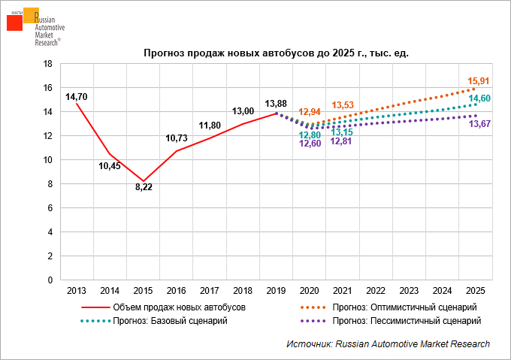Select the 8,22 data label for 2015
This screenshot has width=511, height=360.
tap(144, 187)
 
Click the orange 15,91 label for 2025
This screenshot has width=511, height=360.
tap(479, 81)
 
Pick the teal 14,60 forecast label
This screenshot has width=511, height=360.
tap(480, 99)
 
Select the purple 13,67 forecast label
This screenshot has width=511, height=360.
tap(479, 124)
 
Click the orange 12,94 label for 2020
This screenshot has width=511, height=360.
tap(310, 112)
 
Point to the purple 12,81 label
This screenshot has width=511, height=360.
tap(340, 141)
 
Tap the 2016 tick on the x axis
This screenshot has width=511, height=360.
tap(177, 290)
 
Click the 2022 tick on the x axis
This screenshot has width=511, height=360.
tap(376, 290)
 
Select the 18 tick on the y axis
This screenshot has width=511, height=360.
tap(47, 64)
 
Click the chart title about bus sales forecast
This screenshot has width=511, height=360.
tap(276, 54)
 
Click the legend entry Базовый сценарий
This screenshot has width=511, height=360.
tap(169, 321)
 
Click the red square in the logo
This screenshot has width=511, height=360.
tap(14, 22)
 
